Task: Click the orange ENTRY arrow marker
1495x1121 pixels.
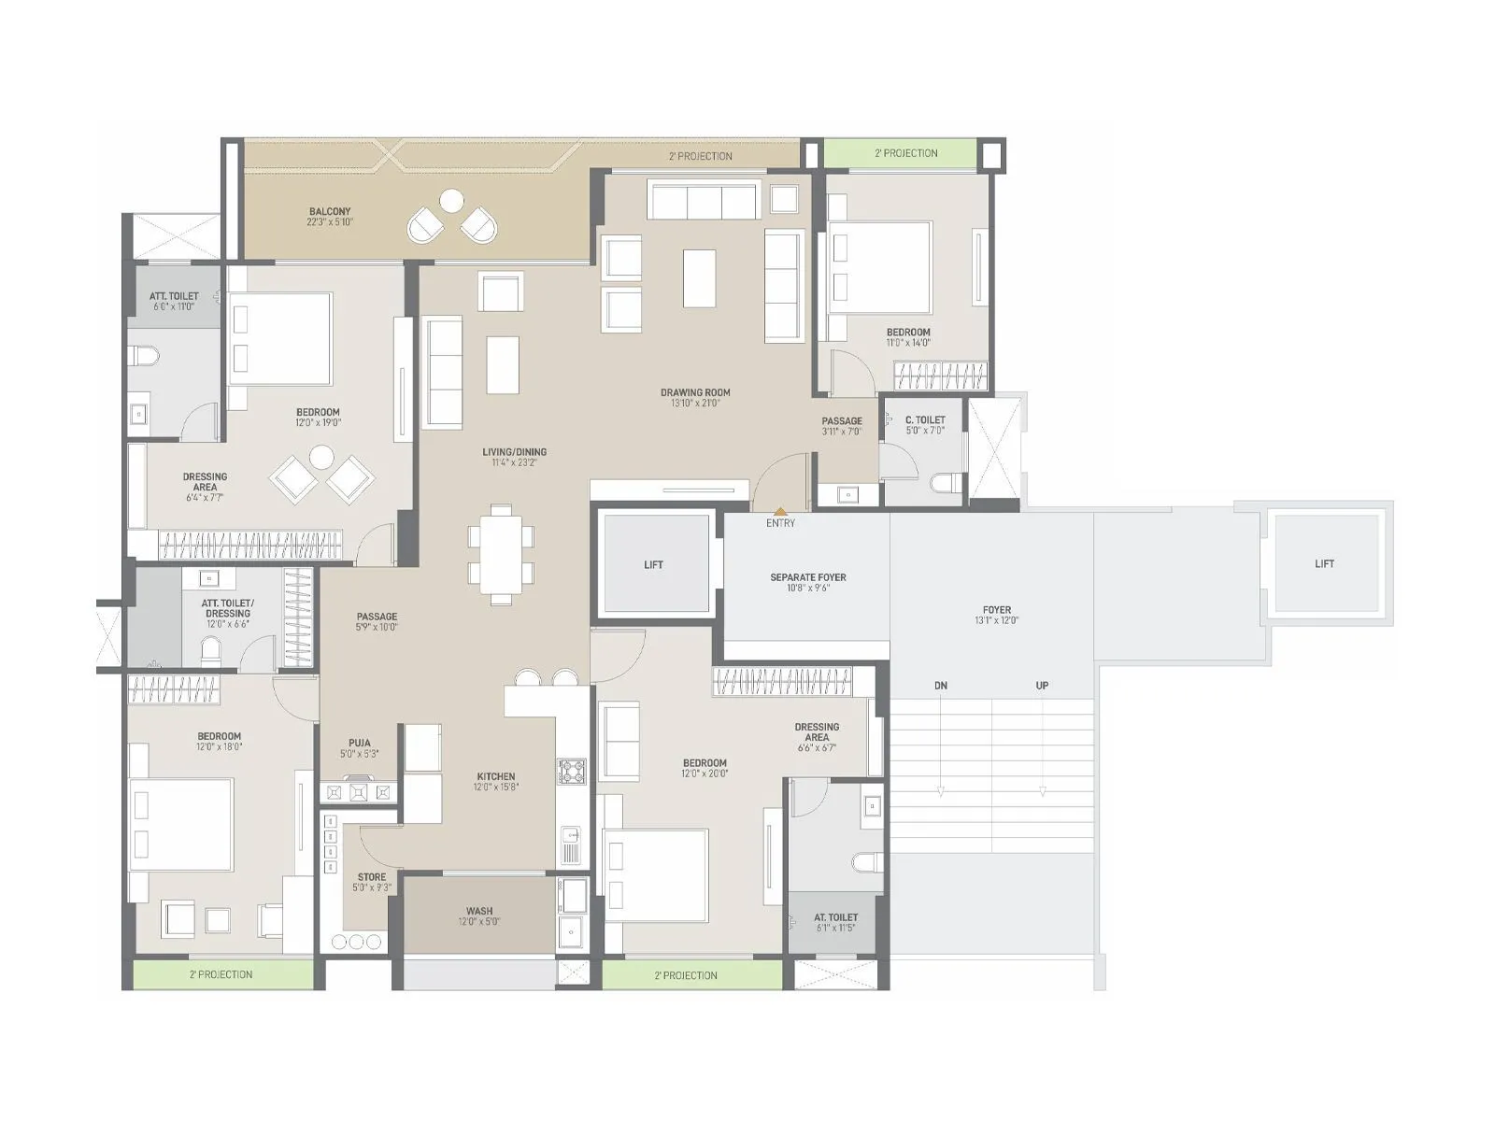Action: tap(780, 511)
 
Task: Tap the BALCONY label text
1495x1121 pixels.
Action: tap(330, 212)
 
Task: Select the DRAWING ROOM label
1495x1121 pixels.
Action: tap(694, 393)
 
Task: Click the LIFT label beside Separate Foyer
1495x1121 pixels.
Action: tap(654, 565)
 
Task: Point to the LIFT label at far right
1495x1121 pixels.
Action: tap(1324, 564)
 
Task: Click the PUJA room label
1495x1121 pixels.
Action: tap(360, 744)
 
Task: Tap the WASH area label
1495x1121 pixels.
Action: tap(479, 911)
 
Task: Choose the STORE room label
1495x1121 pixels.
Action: tap(372, 877)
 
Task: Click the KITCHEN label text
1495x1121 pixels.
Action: tap(495, 776)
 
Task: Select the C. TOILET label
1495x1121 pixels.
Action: tap(925, 420)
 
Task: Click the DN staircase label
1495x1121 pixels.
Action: tap(941, 686)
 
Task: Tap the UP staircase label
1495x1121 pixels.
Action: tap(1042, 686)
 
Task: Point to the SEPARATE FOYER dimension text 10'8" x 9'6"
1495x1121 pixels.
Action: tap(808, 589)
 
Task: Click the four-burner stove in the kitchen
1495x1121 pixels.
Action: tap(571, 771)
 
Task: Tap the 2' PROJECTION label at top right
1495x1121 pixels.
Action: tap(905, 153)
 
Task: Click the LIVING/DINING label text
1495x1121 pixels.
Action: tap(514, 452)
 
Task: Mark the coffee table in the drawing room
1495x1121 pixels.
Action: tap(699, 277)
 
